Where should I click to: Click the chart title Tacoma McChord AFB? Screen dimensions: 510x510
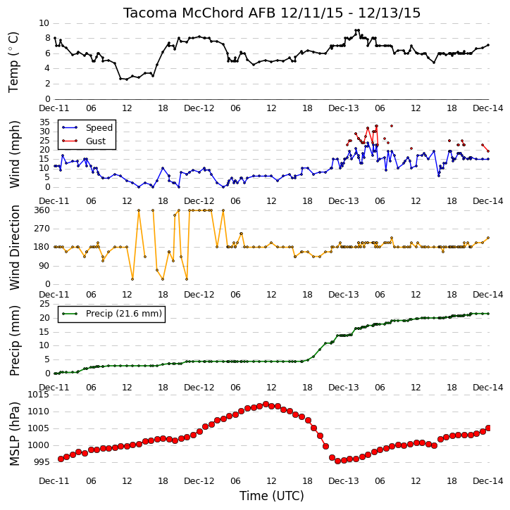[199, 13]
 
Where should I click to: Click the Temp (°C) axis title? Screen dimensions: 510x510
[13, 62]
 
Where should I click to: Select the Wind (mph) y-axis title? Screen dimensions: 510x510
[14, 155]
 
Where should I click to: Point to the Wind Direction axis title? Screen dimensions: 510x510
[14, 248]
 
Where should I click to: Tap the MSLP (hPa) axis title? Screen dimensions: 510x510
[14, 434]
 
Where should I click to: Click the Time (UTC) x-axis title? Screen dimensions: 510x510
[272, 496]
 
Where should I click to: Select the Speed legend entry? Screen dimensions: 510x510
[87, 128]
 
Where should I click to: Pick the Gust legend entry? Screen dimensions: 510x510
[84, 141]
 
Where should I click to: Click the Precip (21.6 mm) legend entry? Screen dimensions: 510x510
[112, 314]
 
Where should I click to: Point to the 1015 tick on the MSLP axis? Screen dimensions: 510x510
[39, 395]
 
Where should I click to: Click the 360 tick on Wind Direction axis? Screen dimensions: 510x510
[42, 210]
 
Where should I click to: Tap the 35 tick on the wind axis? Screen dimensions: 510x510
[44, 122]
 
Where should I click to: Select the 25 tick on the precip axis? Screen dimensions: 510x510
[44, 304]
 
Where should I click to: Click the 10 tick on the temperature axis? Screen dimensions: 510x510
[44, 23]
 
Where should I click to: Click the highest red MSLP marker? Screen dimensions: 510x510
[266, 404]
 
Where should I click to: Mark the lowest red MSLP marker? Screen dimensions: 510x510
[337, 461]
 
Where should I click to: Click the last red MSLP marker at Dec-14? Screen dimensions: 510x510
[488, 428]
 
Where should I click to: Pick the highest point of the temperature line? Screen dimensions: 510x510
[357, 30]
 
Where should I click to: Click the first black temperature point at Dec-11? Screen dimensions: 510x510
[55, 38]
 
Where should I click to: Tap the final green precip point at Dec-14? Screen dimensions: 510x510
[488, 314]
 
